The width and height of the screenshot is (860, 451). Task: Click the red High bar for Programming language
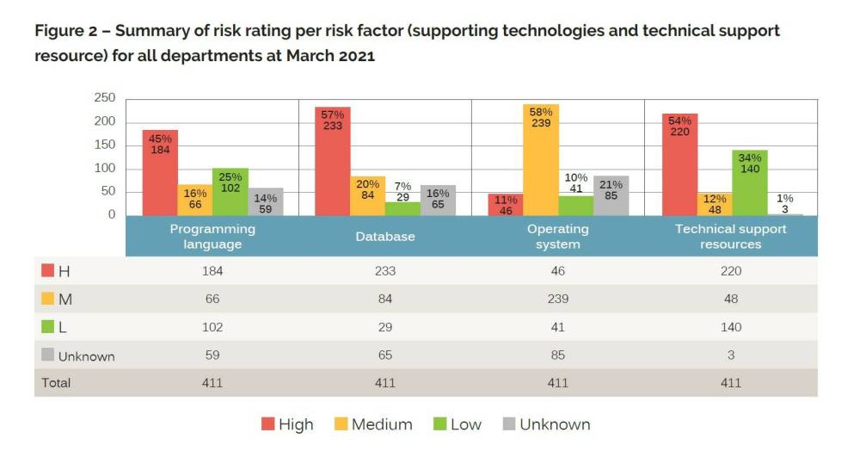160,172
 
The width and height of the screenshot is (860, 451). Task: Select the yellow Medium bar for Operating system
541,159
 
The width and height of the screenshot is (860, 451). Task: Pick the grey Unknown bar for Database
438,200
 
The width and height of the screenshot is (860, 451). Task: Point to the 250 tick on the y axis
105,98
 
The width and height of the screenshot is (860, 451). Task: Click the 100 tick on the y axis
105,168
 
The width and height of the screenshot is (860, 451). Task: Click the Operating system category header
557,236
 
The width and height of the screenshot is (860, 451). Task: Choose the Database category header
385,236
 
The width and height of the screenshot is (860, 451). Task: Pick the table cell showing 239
557,299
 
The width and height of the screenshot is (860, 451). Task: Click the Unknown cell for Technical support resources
730,355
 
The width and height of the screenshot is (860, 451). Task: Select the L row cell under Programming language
212,327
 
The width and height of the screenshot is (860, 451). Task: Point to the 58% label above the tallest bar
541,113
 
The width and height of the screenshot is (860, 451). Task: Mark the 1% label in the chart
783,197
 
